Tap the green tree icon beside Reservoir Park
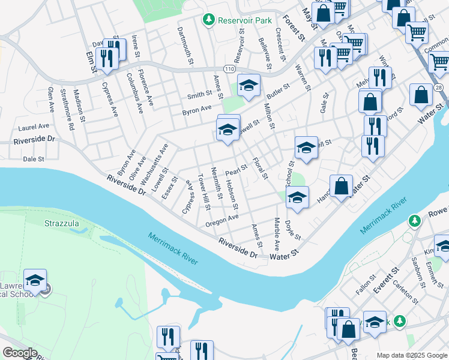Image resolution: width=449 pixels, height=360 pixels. coord(209,20)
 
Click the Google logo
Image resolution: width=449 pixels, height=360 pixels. coord(20,353)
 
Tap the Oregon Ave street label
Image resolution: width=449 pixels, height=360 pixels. coord(222,218)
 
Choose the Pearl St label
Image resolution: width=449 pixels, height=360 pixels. coord(237,170)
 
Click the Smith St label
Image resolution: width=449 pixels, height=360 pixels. coord(199,94)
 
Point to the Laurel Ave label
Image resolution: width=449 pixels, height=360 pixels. coord(33,127)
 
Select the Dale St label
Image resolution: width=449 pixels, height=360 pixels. coord(34,160)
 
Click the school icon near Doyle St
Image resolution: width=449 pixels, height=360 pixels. coord(297,198)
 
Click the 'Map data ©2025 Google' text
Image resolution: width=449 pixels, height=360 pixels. coord(412,355)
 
